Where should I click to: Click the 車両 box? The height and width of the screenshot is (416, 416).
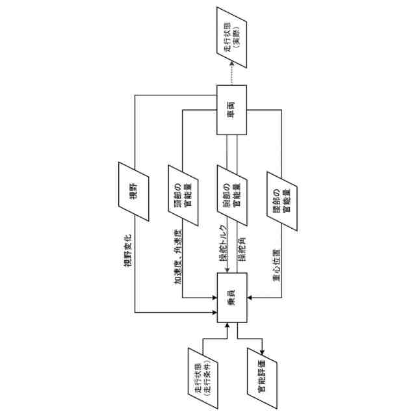tap(232, 111)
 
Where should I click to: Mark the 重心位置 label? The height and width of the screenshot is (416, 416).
tap(276, 264)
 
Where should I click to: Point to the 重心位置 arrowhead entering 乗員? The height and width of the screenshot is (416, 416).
tap(250, 298)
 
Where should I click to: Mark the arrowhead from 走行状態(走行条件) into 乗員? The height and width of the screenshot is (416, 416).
tap(227, 326)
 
